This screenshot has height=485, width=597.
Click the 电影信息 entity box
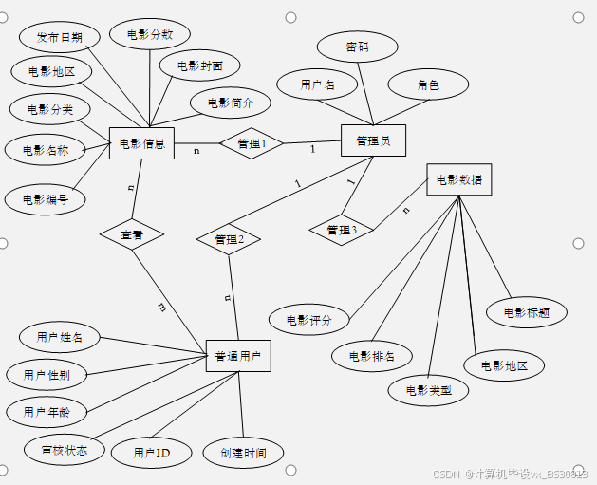141,144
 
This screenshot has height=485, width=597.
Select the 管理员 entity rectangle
372,141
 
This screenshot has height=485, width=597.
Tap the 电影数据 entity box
459,179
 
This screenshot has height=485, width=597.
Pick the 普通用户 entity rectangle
238,356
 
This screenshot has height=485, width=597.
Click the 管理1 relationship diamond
252,143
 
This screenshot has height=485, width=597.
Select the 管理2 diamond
229,239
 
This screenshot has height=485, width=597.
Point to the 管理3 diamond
341,230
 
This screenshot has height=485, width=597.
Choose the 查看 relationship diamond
132,233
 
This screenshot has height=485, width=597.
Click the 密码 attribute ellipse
357,46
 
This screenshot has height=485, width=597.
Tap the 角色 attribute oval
428,84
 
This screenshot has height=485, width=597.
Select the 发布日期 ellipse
59,38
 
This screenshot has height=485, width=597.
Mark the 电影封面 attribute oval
199,66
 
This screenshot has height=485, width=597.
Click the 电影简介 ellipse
230,103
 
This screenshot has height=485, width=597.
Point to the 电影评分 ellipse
309,320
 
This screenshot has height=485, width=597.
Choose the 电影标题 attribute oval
527,311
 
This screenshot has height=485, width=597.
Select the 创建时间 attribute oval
243,453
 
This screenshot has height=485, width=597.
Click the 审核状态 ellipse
65,449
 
